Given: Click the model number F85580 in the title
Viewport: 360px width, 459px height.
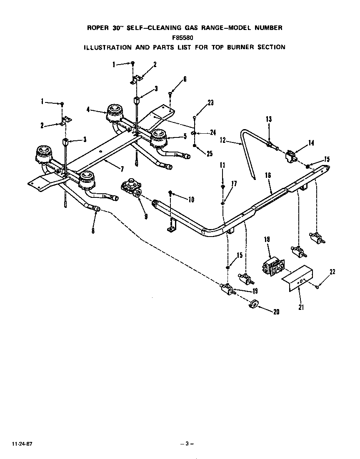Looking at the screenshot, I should pyautogui.click(x=184, y=37).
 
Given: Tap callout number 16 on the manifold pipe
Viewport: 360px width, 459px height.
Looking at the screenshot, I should pyautogui.click(x=267, y=176).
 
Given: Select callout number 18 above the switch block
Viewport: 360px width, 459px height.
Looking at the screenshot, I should pyautogui.click(x=267, y=239).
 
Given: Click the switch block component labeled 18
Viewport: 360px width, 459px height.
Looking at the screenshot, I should pyautogui.click(x=272, y=266).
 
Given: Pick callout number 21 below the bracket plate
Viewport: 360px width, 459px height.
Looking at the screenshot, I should pyautogui.click(x=300, y=307).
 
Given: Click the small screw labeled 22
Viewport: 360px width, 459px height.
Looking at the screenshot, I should pyautogui.click(x=317, y=286).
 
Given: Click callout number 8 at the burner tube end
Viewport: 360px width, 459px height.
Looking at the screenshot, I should pyautogui.click(x=92, y=229).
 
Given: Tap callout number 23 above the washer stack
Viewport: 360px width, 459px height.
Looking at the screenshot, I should pyautogui.click(x=210, y=102).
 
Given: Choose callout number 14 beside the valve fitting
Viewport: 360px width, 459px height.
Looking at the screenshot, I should pyautogui.click(x=312, y=143).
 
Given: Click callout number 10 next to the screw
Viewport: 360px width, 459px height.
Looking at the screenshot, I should pyautogui.click(x=191, y=200).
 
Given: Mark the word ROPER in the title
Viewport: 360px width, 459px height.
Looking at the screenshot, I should pyautogui.click(x=97, y=28).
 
